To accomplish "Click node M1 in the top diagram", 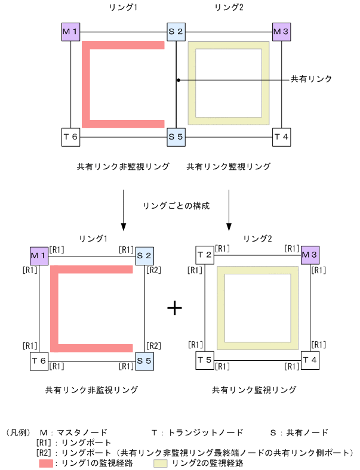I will click(70, 31).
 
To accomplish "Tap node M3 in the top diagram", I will click(281, 31).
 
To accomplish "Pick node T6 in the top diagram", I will click(70, 137).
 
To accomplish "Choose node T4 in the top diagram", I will click(281, 137).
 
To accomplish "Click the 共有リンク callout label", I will click(310, 79).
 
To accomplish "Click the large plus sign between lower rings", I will click(174, 308).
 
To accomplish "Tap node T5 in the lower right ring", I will click(205, 360).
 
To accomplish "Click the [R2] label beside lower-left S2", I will click(153, 270).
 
